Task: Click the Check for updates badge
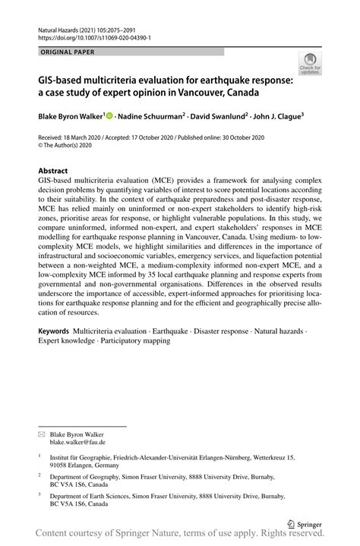(310, 66)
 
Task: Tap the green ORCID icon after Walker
(109, 116)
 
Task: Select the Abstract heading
(54, 172)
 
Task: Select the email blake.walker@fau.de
(77, 442)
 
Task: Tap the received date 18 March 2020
(95, 137)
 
